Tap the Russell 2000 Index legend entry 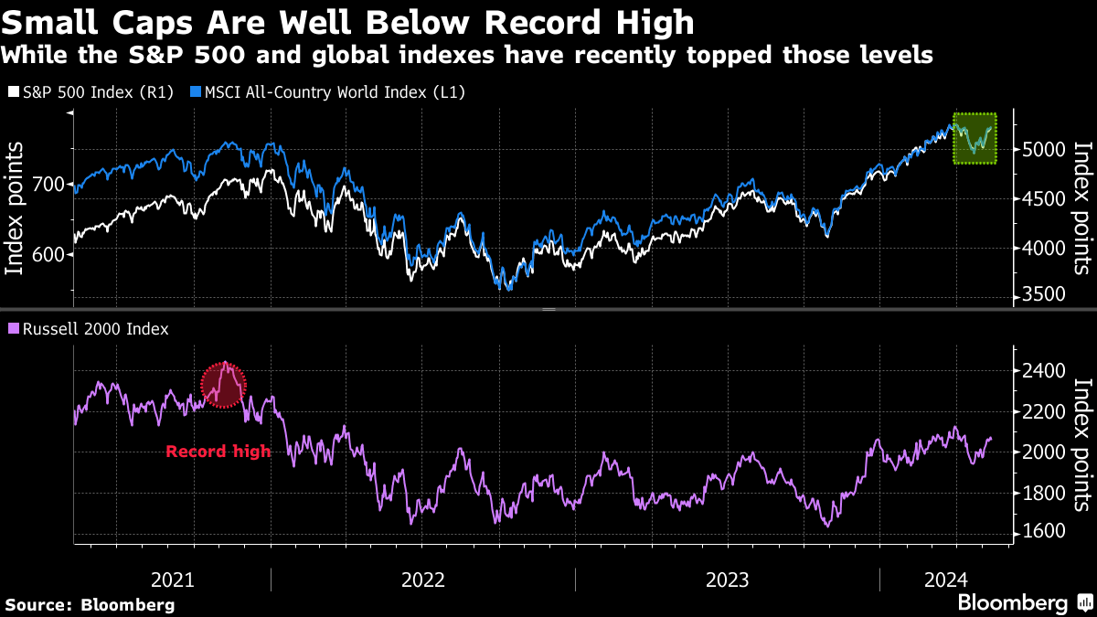[x=88, y=328]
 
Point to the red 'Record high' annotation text [x=218, y=451]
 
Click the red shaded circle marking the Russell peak [x=224, y=384]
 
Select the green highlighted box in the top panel [x=975, y=139]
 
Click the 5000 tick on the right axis [x=1040, y=149]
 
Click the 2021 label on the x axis [x=172, y=580]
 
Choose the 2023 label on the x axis [x=727, y=580]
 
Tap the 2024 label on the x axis [x=945, y=580]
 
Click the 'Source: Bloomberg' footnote [x=90, y=604]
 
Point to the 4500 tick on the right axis [x=1040, y=198]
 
